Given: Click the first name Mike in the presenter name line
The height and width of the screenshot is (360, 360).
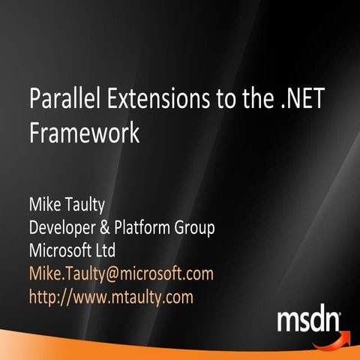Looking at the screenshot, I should click(44, 205).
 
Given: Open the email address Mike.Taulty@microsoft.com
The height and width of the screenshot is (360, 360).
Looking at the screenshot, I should click(121, 273).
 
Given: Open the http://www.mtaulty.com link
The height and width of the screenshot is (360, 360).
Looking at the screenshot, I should click(110, 296).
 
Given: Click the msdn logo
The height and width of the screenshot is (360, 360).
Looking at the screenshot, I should click(309, 321).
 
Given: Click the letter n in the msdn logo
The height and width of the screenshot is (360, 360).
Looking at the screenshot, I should click(330, 322).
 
